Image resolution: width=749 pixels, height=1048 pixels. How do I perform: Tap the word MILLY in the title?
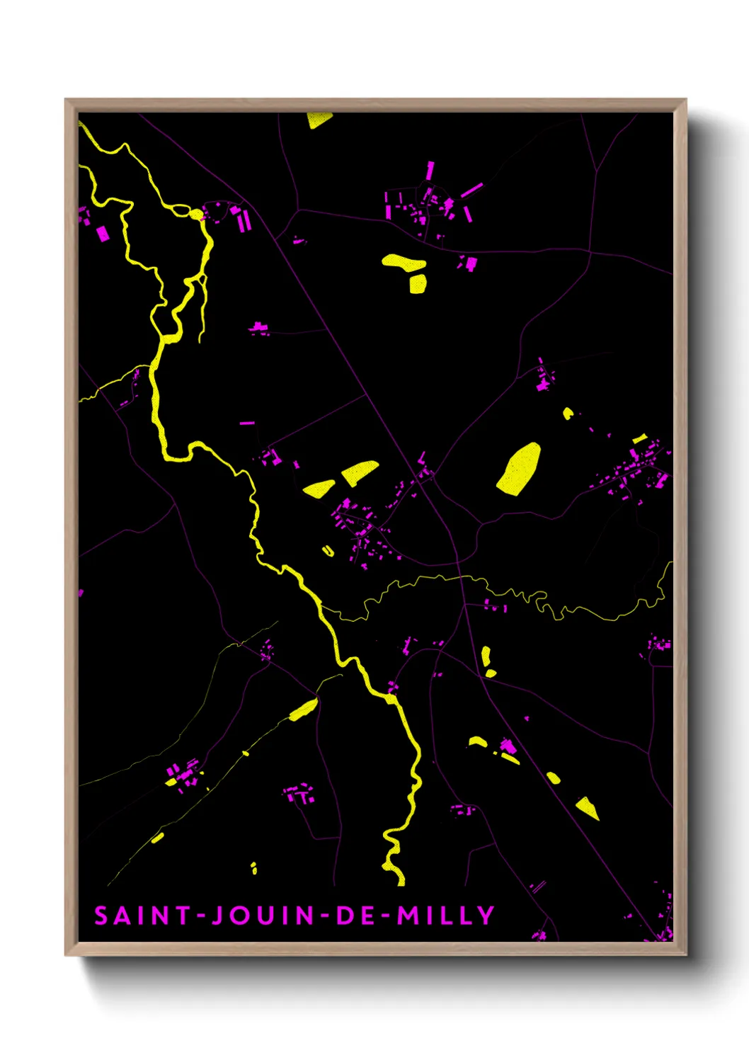[x=445, y=916]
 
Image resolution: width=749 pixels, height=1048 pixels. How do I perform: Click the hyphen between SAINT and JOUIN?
[x=201, y=917]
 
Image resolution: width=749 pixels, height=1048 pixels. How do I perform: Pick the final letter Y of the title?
[x=486, y=916]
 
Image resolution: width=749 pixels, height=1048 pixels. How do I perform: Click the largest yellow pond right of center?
[x=519, y=469]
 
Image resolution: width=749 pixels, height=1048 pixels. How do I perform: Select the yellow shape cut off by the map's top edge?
[x=319, y=119]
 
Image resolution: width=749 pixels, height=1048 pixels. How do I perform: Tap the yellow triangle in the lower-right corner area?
[x=588, y=807]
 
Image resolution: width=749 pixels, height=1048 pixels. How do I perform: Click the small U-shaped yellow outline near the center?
[x=328, y=551]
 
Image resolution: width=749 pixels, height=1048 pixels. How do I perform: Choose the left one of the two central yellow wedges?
[x=319, y=489]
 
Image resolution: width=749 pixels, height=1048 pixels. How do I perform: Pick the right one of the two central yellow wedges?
[x=360, y=472]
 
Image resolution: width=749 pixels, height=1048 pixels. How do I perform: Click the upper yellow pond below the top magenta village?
[x=404, y=262]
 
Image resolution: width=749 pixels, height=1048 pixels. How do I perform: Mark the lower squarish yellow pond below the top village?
[x=418, y=284]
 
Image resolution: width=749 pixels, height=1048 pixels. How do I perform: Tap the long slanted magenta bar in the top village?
[x=471, y=190]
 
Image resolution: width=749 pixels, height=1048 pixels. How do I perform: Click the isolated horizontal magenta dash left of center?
[x=246, y=423]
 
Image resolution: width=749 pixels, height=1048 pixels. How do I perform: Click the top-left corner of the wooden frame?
[x=66, y=100]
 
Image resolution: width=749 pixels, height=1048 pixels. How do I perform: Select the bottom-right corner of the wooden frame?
[x=685, y=955]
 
